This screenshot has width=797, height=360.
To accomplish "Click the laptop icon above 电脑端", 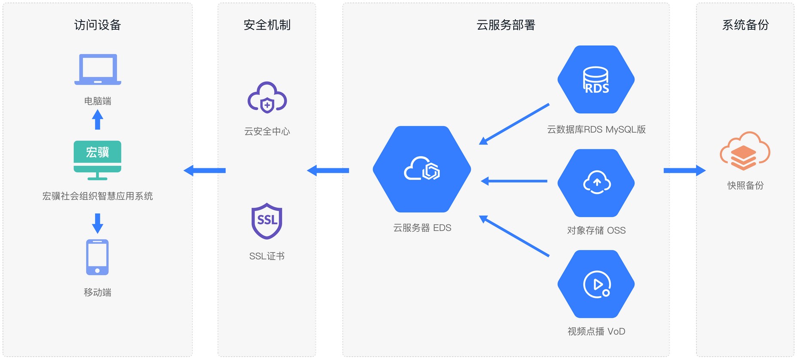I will [97, 69].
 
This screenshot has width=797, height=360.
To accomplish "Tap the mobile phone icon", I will [97, 257].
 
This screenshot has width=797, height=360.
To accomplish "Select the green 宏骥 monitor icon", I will [97, 160].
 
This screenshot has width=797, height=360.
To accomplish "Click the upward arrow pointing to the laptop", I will [97, 120].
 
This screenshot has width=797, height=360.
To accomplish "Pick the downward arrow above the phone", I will [97, 223].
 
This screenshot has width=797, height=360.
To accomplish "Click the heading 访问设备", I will [97, 25].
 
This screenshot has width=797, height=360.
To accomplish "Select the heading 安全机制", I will [267, 25].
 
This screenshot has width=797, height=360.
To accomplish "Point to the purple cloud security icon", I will [267, 97].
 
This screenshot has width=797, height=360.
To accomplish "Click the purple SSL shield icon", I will [267, 221].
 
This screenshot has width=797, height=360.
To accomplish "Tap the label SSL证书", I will [267, 256].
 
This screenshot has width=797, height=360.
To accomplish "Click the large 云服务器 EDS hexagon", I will [422, 169].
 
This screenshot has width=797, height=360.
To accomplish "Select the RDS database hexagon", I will [596, 79].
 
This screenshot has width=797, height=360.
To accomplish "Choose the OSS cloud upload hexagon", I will [596, 183].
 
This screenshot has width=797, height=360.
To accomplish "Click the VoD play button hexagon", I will [596, 284].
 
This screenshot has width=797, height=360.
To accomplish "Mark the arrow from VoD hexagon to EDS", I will [514, 236].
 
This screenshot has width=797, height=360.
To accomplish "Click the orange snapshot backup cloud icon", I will [745, 151].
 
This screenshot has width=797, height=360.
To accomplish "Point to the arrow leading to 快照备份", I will [684, 171].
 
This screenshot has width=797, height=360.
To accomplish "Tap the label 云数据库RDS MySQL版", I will [596, 130].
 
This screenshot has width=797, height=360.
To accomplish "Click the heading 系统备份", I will [745, 25].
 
